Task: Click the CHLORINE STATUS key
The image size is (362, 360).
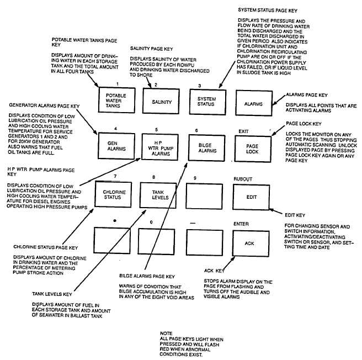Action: (114, 194)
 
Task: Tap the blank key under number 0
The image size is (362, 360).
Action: (159, 241)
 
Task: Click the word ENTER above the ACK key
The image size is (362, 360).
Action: (241, 224)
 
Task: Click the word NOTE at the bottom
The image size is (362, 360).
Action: (165, 333)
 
